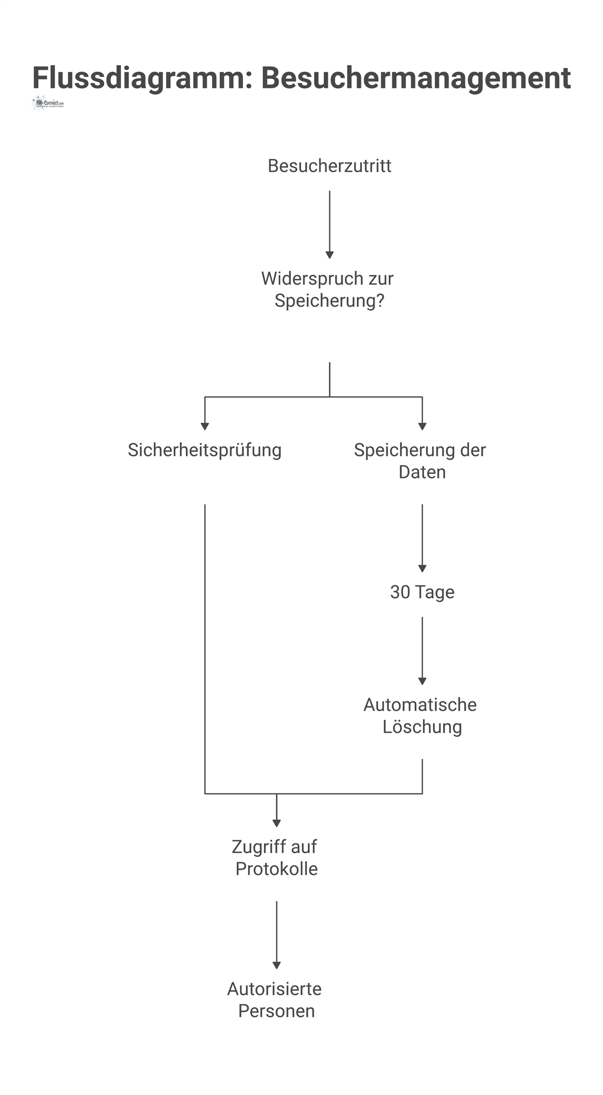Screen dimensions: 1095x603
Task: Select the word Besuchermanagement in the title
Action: point(415,78)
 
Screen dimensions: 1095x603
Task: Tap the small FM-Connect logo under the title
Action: point(48,104)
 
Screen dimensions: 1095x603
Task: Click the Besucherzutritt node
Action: point(329,166)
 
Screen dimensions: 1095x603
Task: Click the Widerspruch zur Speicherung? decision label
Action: point(328,290)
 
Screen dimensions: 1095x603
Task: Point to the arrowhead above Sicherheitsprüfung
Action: point(205,426)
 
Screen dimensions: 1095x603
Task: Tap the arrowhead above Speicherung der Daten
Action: point(422,426)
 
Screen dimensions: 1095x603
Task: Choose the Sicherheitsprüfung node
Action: point(205,450)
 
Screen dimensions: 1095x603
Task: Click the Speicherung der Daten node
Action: point(421,461)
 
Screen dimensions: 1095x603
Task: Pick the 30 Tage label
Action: point(422,592)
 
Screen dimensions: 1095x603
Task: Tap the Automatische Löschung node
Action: point(421,716)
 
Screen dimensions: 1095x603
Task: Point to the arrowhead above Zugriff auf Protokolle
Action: point(276,823)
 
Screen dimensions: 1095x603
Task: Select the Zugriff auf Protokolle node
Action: point(276,858)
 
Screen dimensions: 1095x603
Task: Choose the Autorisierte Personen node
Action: point(275,1000)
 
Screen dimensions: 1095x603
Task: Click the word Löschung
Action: point(422,727)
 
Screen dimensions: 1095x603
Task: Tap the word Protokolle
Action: point(276,869)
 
